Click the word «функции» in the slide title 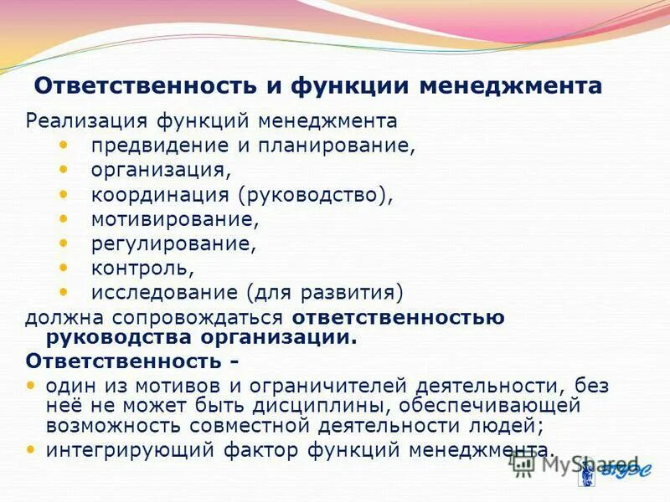pyautogui.click(x=351, y=87)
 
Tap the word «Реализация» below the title pyautogui.click(x=75, y=121)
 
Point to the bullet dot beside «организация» pyautogui.click(x=65, y=169)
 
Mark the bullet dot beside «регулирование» pyautogui.click(x=65, y=243)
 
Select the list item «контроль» pyautogui.click(x=142, y=269)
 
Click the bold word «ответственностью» pyautogui.click(x=398, y=318)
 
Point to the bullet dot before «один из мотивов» pyautogui.click(x=32, y=386)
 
